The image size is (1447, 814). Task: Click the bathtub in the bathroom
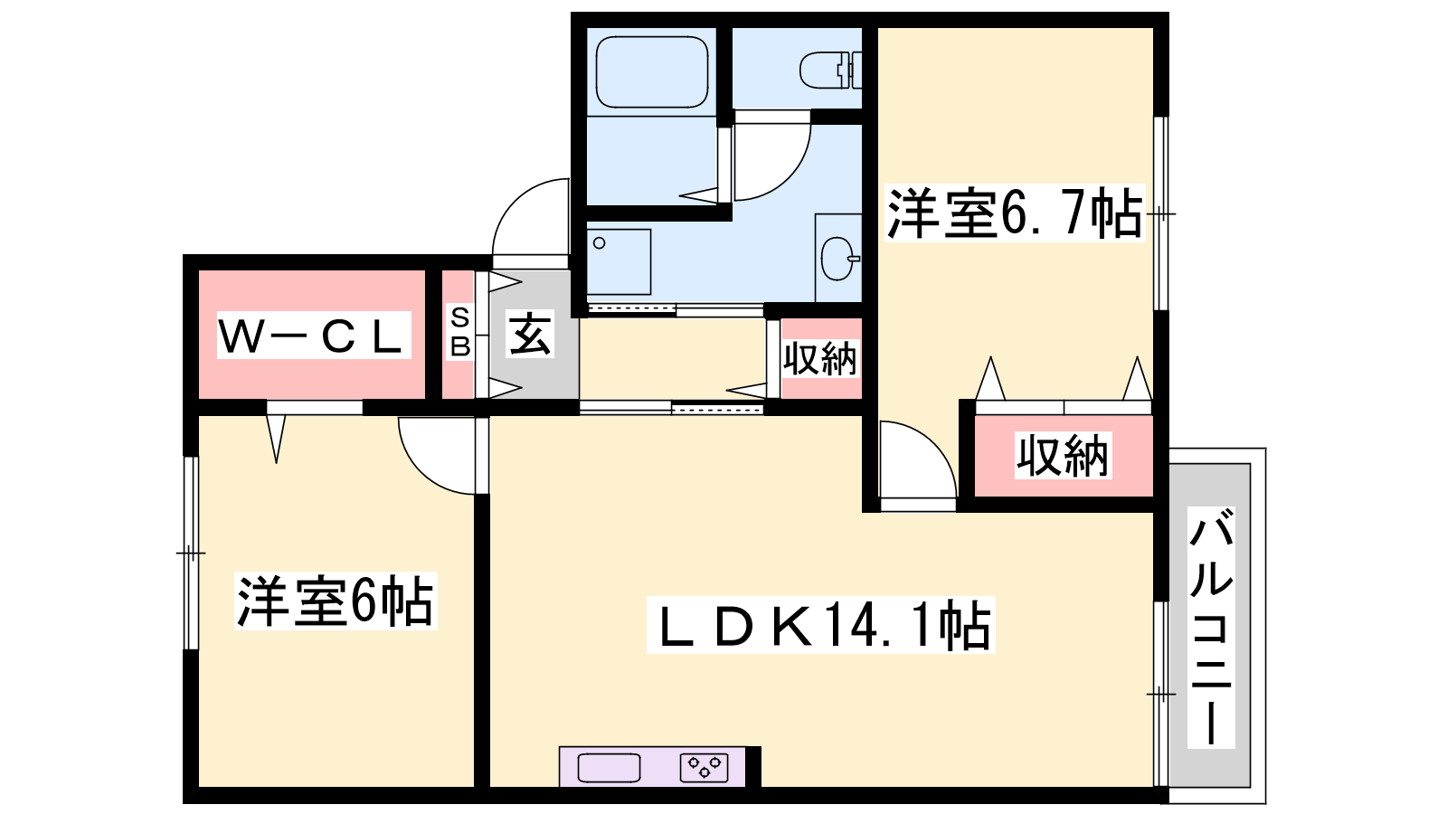[651, 71]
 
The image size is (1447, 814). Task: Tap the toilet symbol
[830, 70]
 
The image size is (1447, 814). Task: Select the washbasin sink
[839, 259]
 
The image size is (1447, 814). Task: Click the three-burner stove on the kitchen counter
[705, 768]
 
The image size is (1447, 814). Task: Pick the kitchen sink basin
[610, 768]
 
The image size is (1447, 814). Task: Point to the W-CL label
[313, 336]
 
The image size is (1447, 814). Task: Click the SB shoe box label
[460, 332]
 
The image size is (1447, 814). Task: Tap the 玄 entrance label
[530, 334]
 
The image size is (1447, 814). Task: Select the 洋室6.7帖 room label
[1014, 213]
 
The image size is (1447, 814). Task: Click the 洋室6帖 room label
[336, 601]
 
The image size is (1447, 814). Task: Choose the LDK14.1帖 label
[820, 625]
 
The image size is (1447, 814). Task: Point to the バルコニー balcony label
[1211, 628]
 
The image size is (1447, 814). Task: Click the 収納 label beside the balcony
[1063, 456]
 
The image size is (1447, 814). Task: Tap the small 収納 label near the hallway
[820, 358]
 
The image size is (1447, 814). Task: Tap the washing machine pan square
[619, 261]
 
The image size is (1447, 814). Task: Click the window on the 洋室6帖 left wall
[191, 553]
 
